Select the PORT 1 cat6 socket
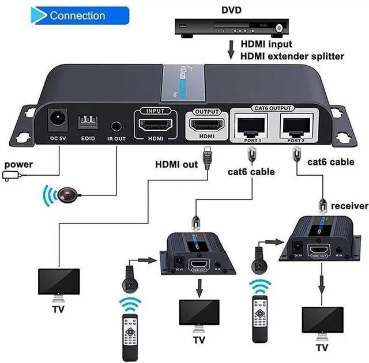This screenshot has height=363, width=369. point(252,122)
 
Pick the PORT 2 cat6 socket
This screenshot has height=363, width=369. point(299,122)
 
